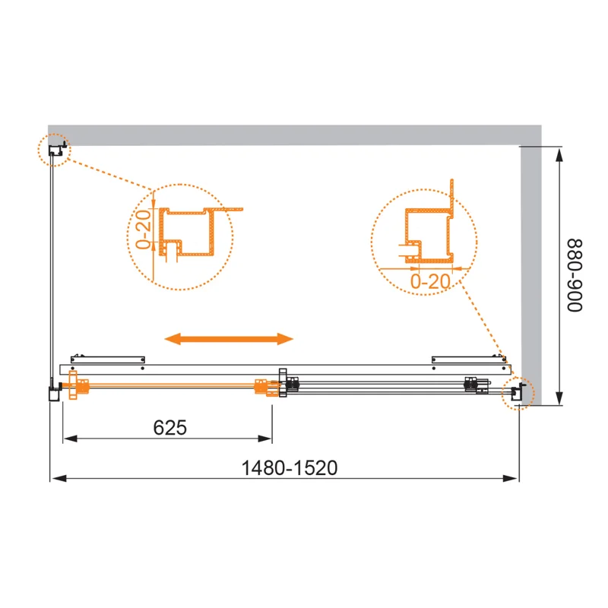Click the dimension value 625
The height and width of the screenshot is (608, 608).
point(169,428)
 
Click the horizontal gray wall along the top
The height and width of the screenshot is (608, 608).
point(289,135)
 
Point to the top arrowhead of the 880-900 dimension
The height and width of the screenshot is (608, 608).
point(560,154)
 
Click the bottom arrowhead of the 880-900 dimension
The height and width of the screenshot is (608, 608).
point(560,399)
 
